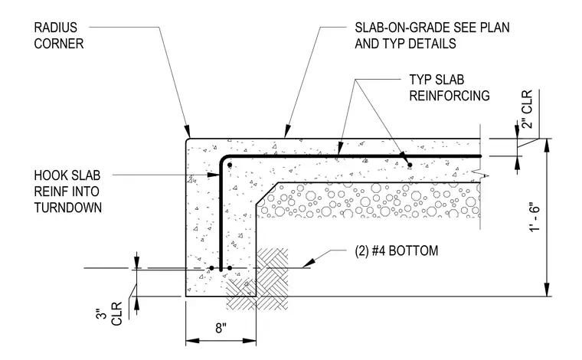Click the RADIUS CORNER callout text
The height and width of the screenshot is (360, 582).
pyautogui.click(x=59, y=36)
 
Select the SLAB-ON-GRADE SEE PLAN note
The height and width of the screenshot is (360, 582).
pyautogui.click(x=432, y=28)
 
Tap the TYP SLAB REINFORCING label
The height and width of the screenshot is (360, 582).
pyautogui.click(x=449, y=88)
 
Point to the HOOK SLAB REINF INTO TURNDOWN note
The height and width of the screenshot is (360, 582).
pyautogui.click(x=67, y=191)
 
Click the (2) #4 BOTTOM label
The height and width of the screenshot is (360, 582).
pyautogui.click(x=397, y=251)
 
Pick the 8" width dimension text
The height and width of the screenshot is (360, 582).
pyautogui.click(x=221, y=328)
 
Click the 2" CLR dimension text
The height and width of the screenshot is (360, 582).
pyautogui.click(x=527, y=109)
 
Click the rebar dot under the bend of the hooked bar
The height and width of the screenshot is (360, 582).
pyautogui.click(x=230, y=165)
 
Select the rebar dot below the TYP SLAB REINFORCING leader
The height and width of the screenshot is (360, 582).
pyautogui.click(x=410, y=165)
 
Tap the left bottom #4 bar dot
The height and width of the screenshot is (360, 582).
pyautogui.click(x=211, y=268)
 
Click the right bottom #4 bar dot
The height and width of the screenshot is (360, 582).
pyautogui.click(x=230, y=268)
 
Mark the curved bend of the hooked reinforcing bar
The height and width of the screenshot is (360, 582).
pyautogui.click(x=223, y=159)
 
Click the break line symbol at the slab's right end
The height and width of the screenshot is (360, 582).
pyautogui.click(x=480, y=174)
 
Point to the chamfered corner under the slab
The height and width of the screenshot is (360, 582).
pyautogui.click(x=266, y=193)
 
